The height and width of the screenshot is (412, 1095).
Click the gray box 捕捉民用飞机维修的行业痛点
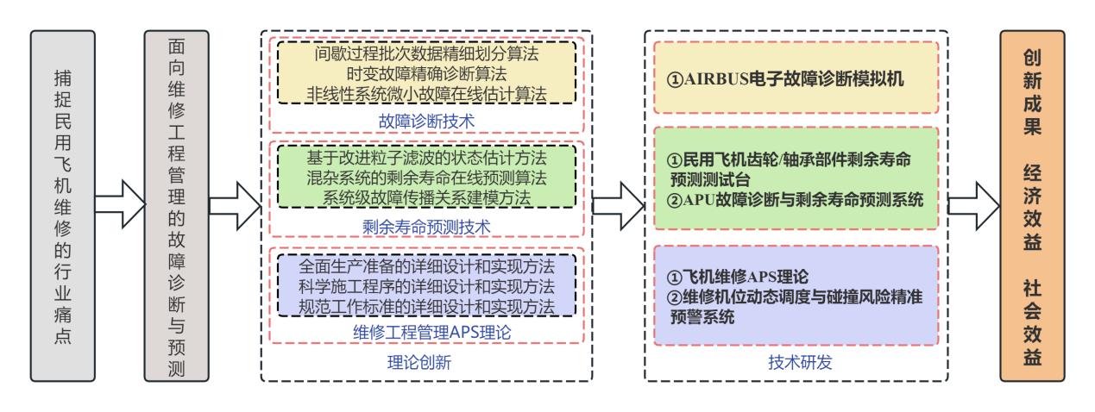[63, 206]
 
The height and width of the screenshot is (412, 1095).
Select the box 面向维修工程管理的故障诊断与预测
[177, 206]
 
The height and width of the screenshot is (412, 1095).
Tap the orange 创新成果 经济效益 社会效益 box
[1032, 206]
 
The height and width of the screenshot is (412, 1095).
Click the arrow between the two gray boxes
[120, 204]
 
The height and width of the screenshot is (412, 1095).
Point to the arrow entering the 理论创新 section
[235, 206]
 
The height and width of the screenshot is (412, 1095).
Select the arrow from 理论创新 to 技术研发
[619, 206]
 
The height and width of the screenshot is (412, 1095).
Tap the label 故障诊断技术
[426, 122]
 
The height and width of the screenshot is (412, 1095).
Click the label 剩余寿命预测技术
[426, 227]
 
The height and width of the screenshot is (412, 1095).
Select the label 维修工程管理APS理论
[431, 333]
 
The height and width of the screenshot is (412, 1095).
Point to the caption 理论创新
[419, 362]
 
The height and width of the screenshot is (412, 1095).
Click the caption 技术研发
[800, 362]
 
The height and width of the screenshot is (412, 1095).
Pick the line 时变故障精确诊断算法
[426, 74]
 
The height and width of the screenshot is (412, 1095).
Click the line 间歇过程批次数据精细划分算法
[426, 53]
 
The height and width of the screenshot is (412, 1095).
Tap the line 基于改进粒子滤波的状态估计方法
[426, 158]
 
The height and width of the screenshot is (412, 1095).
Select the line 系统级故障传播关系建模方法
[426, 197]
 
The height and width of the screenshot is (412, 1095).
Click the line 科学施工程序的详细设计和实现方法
[426, 286]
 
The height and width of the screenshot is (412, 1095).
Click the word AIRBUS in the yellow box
[716, 79]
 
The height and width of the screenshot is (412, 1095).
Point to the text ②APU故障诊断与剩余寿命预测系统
[795, 200]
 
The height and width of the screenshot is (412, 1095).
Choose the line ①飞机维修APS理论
[737, 277]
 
